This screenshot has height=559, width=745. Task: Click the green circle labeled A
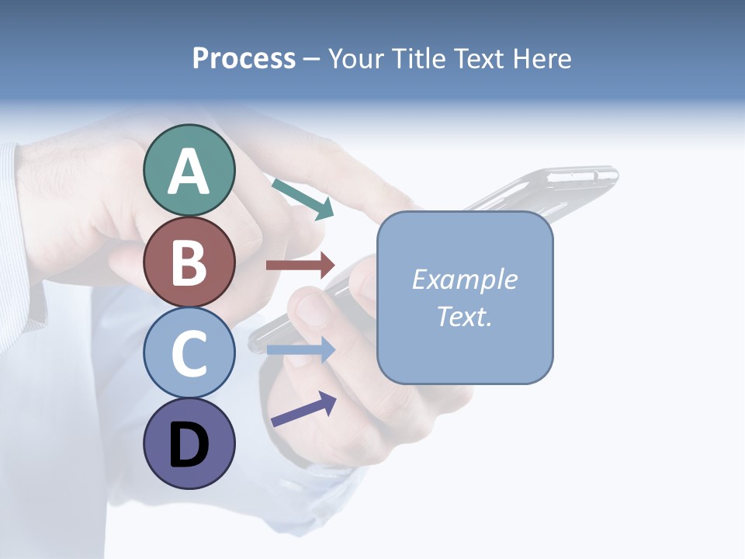189,170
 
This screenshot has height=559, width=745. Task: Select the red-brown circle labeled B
189,262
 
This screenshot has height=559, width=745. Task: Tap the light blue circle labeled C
189,352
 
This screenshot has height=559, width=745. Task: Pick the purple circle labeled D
189,443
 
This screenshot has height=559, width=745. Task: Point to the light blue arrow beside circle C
300,350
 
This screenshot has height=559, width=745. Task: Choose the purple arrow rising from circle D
303,409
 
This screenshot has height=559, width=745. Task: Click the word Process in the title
244,58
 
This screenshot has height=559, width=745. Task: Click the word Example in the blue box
464,279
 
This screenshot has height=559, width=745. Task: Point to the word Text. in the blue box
464,316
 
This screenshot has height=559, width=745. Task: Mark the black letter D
189,446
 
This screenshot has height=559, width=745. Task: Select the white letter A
189,172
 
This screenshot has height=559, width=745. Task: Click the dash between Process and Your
312,60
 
